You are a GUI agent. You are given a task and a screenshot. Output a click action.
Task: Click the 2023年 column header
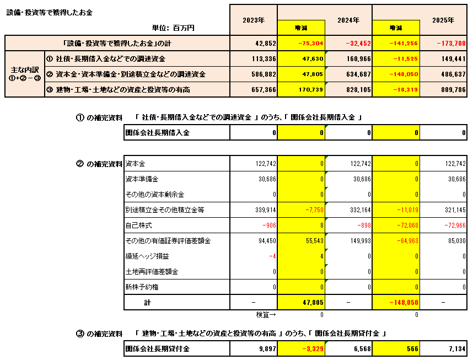(x=254, y=20)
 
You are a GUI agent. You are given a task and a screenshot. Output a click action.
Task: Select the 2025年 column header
(x=443, y=20)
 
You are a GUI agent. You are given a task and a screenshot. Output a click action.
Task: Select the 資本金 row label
(x=136, y=164)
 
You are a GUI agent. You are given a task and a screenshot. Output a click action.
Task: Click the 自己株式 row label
(x=139, y=225)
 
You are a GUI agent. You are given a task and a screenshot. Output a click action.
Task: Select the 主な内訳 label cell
(x=24, y=74)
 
